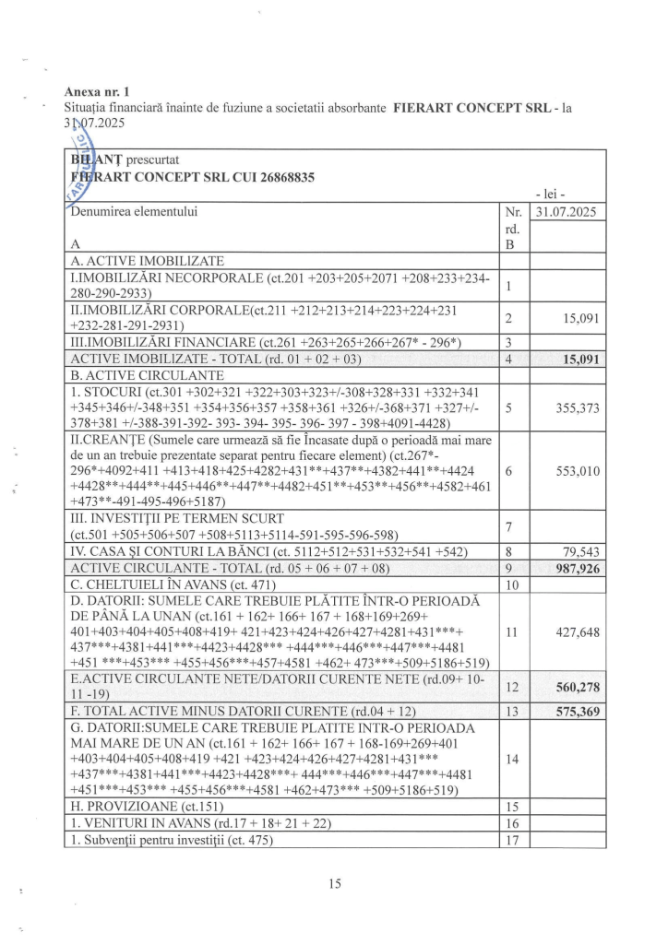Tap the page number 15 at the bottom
(334, 883)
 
